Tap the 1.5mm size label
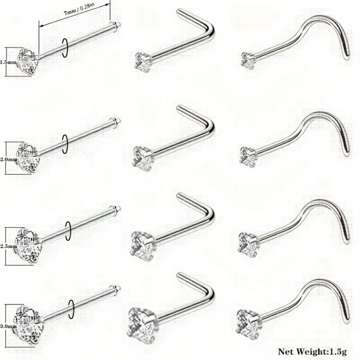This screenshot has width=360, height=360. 8,62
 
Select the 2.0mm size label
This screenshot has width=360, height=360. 8,159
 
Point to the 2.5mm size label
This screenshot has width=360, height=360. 8,247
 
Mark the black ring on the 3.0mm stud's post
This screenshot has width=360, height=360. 71,309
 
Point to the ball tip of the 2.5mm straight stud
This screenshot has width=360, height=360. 116,209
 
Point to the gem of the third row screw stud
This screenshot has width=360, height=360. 248,244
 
